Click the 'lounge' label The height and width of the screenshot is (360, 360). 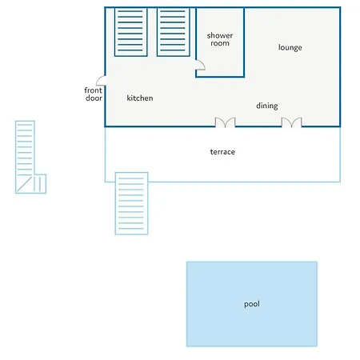[290, 47]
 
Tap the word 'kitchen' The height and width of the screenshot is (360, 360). [140, 98]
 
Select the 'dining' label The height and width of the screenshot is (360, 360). [267, 106]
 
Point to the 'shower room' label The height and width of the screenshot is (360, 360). [220, 39]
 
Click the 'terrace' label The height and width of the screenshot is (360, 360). [222, 152]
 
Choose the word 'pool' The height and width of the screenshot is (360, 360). [252, 304]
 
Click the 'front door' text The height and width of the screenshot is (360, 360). [94, 94]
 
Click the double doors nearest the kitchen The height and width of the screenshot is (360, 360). [226, 122]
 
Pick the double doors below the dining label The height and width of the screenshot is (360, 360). [292, 122]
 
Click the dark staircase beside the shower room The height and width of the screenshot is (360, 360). [174, 32]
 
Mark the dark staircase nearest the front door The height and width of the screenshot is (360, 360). [130, 32]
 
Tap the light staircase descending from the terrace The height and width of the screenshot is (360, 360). [131, 203]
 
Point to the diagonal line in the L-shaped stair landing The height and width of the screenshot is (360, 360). [25, 184]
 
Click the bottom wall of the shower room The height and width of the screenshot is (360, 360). [220, 77]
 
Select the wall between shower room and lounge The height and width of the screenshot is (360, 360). [244, 42]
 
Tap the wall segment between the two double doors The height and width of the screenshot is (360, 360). [258, 126]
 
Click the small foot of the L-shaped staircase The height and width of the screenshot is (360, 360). [40, 184]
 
